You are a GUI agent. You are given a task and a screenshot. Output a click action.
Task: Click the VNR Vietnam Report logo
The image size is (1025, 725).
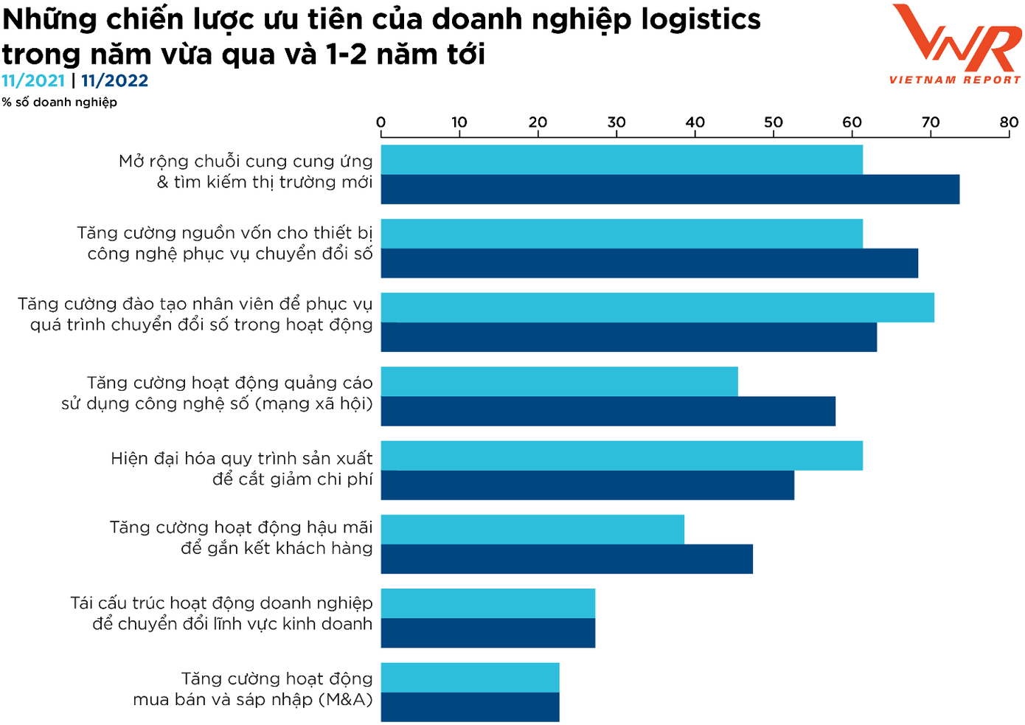coord(956,44)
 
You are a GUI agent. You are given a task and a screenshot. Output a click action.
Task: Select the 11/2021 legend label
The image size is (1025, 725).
coord(33,81)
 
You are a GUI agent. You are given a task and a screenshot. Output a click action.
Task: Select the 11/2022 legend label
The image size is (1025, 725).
coord(114,81)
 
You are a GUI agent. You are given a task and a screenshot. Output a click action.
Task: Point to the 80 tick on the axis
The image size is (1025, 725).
coord(1009,122)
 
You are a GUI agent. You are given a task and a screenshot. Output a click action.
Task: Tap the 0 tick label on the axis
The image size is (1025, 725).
coord(381,122)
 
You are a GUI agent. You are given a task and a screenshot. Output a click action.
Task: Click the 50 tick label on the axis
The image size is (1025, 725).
coord(774,122)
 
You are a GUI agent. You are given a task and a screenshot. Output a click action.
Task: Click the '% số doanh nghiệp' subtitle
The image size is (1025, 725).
coord(59,103)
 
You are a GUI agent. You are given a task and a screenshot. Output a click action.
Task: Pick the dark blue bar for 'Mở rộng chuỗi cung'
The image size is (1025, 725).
coord(670,190)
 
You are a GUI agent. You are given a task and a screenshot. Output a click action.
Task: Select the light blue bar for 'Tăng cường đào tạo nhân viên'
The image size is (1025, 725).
coord(657,308)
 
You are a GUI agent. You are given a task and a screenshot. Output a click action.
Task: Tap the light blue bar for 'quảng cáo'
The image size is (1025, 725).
coord(559,381)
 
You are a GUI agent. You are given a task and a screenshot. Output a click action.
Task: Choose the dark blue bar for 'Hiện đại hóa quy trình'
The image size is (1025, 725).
coord(587,485)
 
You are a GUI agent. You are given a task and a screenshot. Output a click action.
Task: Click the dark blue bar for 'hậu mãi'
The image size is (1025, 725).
coord(566,559)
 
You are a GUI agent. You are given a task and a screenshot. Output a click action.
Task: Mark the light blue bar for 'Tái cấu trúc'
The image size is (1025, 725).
coord(487,603)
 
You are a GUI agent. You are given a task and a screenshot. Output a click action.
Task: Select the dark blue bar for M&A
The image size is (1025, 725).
coord(470,707)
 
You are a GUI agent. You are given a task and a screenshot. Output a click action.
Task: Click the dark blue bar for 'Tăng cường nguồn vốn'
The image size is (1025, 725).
coord(649,263)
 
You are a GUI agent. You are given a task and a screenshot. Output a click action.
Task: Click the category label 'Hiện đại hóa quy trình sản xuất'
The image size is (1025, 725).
coord(241,459)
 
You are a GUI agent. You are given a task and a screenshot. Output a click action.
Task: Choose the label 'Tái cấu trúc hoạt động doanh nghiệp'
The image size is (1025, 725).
coord(221,603)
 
